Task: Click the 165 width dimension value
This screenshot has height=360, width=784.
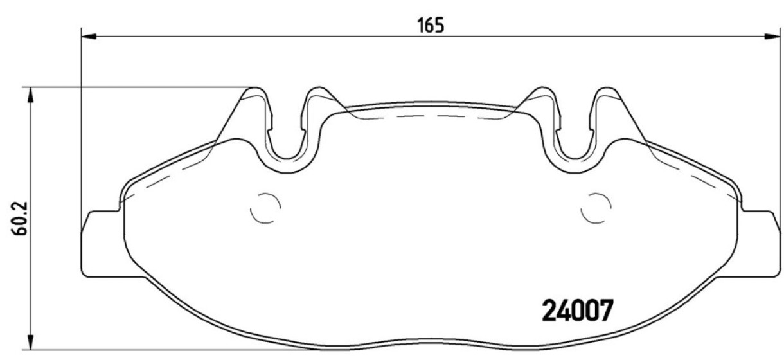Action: pos(431,26)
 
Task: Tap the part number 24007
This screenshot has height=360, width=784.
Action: pos(578,310)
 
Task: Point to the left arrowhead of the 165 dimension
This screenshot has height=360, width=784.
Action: pos(89,37)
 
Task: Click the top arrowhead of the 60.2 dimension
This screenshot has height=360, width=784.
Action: pos(31,94)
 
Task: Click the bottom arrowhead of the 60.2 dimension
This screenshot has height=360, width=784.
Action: pos(31,342)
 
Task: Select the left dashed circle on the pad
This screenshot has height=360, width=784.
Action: pos(265,208)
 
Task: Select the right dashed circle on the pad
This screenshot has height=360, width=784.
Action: pos(596,208)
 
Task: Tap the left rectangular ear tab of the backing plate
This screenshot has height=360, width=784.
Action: pos(102,244)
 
